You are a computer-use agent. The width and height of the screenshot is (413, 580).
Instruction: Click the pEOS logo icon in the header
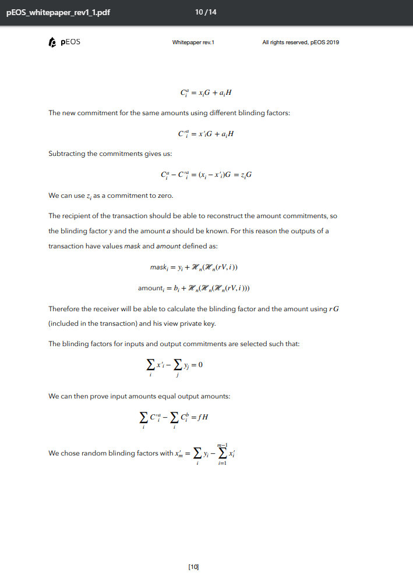click(x=52, y=42)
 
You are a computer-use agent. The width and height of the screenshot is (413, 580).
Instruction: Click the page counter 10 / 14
click(x=206, y=12)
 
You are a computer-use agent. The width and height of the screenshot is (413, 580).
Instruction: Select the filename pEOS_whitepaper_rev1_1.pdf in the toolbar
click(x=58, y=13)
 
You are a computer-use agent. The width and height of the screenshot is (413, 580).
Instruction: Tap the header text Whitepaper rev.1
click(x=193, y=43)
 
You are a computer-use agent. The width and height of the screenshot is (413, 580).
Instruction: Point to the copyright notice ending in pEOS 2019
click(x=301, y=43)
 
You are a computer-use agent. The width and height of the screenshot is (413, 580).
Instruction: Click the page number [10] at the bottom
click(x=195, y=566)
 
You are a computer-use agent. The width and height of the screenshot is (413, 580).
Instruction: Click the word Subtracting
click(x=68, y=154)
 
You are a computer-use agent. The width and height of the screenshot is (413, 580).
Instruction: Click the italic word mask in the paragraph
click(x=133, y=246)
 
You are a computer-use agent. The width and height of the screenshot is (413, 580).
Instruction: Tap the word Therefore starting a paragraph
click(x=66, y=308)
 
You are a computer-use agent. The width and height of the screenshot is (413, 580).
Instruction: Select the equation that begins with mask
click(x=194, y=267)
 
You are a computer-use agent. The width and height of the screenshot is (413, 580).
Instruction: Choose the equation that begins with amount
click(x=194, y=288)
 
